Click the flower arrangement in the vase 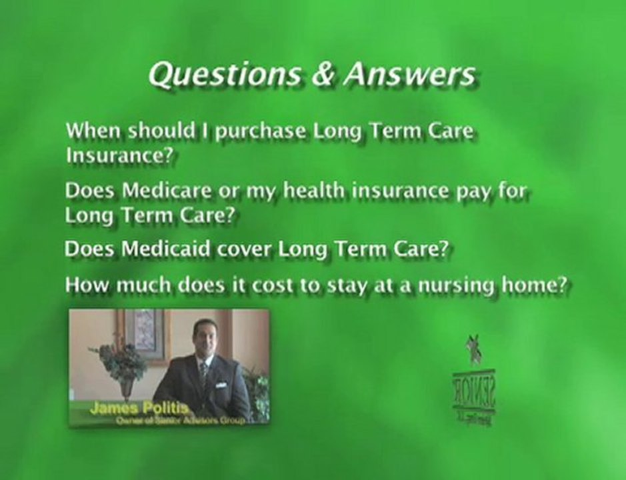(120, 360)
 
